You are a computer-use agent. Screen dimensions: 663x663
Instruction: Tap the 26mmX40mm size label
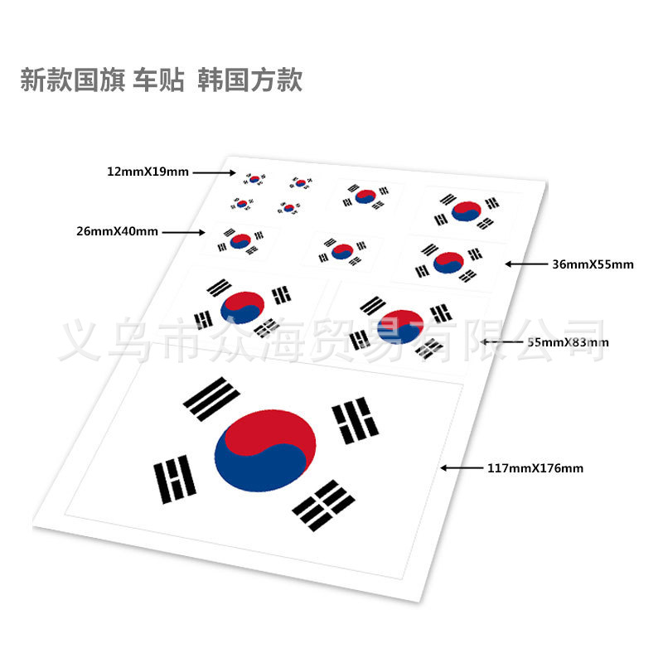pos(117,232)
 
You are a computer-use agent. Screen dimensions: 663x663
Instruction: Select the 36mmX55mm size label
pos(593,264)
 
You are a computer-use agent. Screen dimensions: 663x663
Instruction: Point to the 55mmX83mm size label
pos(569,341)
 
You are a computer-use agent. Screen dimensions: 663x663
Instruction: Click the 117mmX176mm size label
pos(535,468)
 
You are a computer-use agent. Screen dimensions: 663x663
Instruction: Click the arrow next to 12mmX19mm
pos(215,172)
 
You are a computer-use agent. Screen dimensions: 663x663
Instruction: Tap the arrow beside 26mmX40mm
pos(184,233)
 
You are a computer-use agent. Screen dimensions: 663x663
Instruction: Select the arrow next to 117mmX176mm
pos(461,468)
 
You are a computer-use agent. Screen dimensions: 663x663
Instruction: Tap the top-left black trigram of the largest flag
pos(206,399)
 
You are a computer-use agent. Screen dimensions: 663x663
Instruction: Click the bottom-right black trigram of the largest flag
pos(323,504)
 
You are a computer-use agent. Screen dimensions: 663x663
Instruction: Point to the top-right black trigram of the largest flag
pos(356,420)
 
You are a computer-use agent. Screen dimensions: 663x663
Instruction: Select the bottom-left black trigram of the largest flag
pos(174,479)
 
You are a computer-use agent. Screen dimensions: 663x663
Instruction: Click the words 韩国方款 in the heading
pos(250,80)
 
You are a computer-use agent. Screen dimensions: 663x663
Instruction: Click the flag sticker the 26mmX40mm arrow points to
pos(240,241)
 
